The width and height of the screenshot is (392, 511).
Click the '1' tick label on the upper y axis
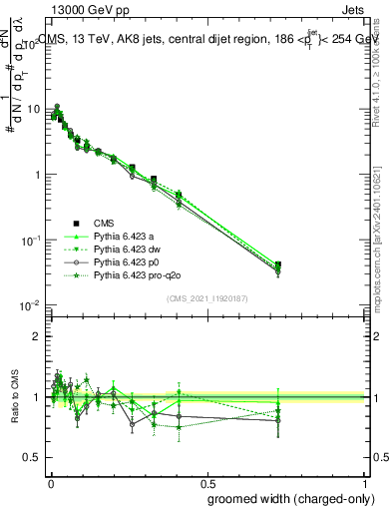point(38,175)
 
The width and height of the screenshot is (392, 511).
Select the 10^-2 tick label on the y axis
point(32,306)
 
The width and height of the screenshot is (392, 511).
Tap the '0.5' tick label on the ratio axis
point(34,458)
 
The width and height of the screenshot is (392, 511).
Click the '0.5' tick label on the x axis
point(208,482)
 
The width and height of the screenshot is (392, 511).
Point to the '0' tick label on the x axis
point(51,482)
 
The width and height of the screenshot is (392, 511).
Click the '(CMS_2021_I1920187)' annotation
point(207,298)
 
